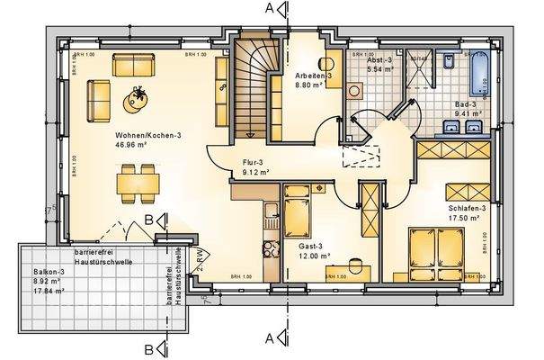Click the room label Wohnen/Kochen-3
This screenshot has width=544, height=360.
(x=147, y=135)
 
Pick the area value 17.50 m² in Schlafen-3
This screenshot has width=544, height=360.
(x=466, y=217)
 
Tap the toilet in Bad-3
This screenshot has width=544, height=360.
(x=449, y=61)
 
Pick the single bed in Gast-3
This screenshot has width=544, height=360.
(x=298, y=216)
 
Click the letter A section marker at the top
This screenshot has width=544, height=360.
(x=267, y=9)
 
